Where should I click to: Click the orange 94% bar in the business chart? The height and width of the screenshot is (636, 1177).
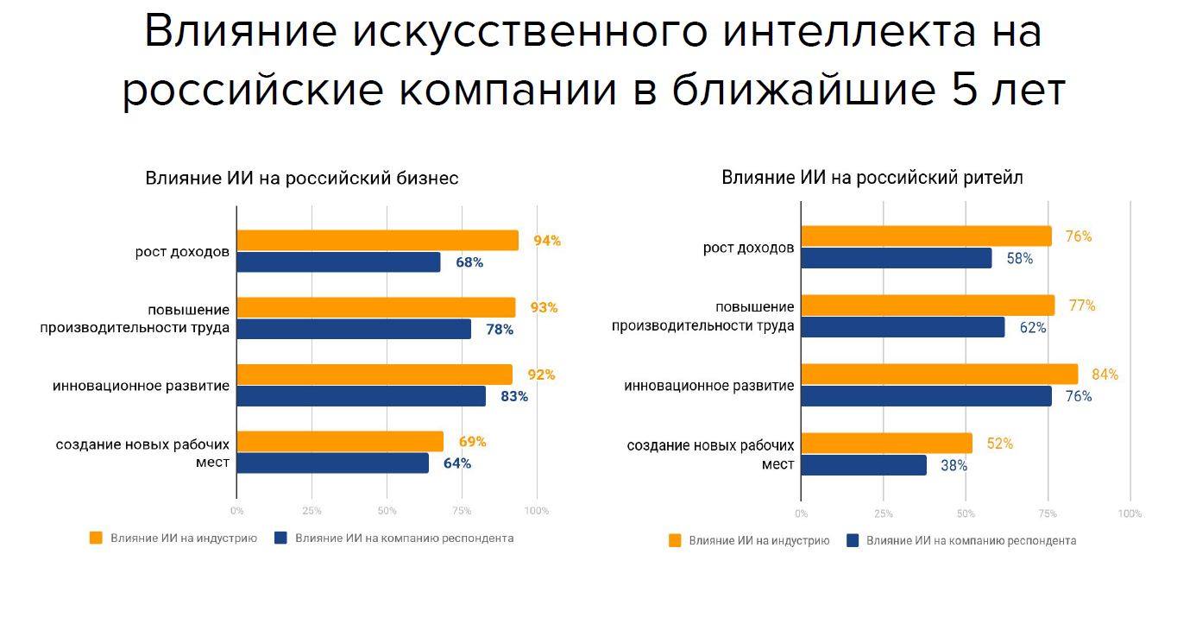(377, 241)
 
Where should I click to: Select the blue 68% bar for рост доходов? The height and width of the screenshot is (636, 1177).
(338, 262)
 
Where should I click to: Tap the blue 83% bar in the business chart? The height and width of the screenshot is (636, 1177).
(361, 396)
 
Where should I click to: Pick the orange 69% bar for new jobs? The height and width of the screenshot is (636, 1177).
(340, 442)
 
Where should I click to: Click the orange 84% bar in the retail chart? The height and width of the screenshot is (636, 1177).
(939, 375)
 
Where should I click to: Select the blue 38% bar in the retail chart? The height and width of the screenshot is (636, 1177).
(864, 465)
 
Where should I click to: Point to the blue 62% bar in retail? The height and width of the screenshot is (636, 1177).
(903, 327)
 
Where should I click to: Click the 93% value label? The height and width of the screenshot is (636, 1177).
(544, 307)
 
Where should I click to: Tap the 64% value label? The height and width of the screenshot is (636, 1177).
(457, 463)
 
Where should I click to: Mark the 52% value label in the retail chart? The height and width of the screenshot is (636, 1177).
(999, 444)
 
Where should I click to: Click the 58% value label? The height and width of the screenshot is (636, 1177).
(1019, 258)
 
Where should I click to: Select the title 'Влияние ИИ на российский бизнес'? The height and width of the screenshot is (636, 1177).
(301, 179)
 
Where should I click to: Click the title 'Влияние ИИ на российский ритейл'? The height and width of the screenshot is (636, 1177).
(872, 179)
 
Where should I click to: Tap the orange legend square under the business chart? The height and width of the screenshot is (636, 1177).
(96, 538)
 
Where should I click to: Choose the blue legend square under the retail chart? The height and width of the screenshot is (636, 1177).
(853, 540)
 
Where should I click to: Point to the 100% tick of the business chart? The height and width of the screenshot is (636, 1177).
(537, 511)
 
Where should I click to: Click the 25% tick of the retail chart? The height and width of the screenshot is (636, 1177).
(884, 513)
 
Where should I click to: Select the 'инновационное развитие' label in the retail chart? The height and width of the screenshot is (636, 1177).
(709, 386)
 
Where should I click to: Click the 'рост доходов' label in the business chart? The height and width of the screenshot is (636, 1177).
(182, 252)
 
